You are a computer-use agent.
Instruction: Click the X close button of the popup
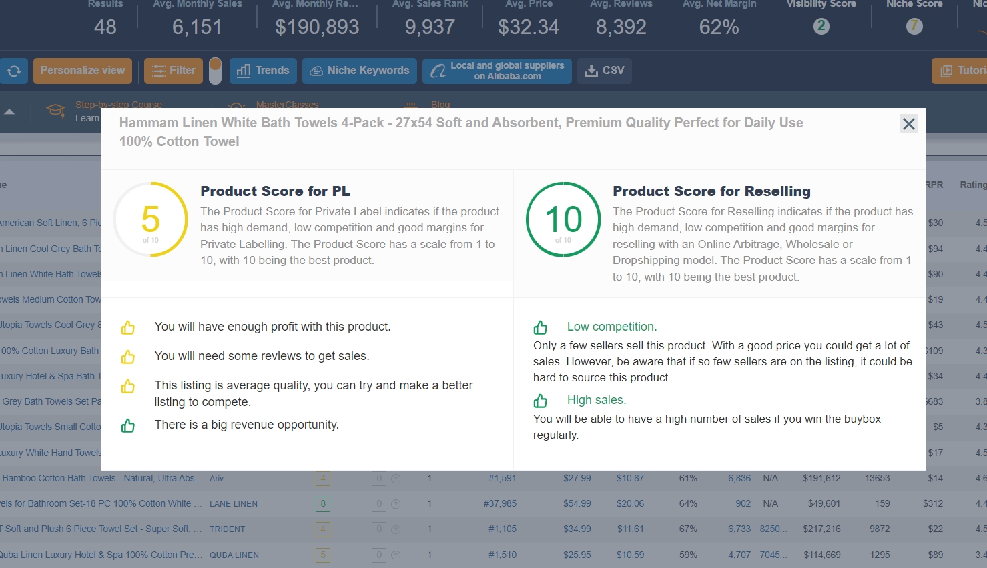point(908,124)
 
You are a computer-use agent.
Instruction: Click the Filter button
point(174,71)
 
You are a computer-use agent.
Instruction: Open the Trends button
point(263,71)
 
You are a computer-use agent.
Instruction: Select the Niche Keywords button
point(360,71)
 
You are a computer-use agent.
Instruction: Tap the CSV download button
point(605,71)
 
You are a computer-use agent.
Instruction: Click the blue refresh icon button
point(13,71)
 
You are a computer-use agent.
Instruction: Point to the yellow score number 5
point(151,219)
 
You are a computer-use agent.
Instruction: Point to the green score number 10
point(563,219)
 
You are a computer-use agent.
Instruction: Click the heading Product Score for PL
point(275,191)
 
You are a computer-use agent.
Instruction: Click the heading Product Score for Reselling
point(711,191)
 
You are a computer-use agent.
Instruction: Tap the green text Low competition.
point(611,327)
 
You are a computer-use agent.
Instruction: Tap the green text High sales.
point(596,400)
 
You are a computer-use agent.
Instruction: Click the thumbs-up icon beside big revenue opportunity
point(128,425)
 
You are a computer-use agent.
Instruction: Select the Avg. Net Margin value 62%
point(719,27)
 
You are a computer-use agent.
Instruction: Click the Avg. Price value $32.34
point(529,27)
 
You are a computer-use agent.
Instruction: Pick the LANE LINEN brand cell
point(234,504)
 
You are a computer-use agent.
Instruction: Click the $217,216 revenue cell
point(821,529)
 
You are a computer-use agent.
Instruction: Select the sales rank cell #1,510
point(502,555)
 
